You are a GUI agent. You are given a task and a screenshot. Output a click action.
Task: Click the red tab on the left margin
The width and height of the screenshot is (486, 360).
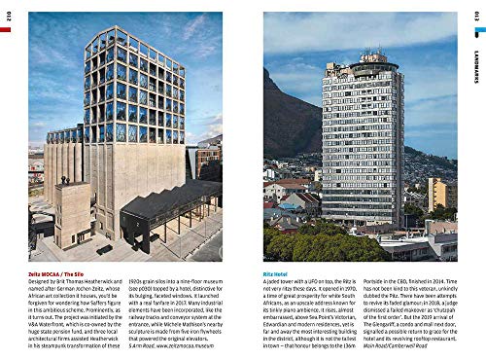click(5, 30)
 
